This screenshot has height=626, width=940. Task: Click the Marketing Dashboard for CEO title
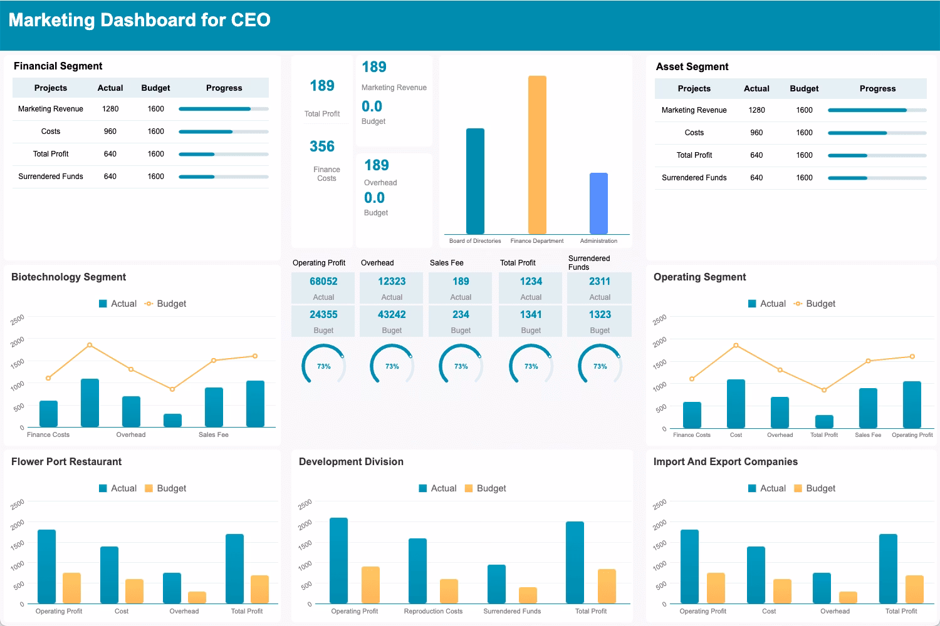[139, 20]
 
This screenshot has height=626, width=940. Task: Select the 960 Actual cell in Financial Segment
[110, 131]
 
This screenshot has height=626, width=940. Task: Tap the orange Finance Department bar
[537, 155]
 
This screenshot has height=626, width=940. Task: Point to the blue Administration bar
[598, 203]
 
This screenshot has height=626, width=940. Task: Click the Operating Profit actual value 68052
[323, 282]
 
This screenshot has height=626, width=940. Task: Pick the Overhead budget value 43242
[392, 315]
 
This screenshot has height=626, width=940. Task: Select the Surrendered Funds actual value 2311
[600, 282]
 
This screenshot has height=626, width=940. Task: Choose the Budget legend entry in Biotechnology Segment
[165, 304]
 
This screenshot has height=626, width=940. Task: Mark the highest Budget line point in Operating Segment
[736, 346]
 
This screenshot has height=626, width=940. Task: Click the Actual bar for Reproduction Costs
[417, 571]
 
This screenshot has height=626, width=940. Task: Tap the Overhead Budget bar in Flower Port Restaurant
[197, 597]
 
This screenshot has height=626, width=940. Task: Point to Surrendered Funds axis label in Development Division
[512, 612]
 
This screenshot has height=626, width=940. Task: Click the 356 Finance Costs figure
[322, 146]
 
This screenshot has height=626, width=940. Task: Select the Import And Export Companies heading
[725, 462]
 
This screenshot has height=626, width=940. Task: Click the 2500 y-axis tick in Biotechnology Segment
[18, 319]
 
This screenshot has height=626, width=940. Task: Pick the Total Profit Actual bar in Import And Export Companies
[888, 568]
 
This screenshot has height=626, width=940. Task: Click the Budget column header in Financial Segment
[155, 88]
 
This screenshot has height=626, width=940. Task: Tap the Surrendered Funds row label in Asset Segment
[694, 178]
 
